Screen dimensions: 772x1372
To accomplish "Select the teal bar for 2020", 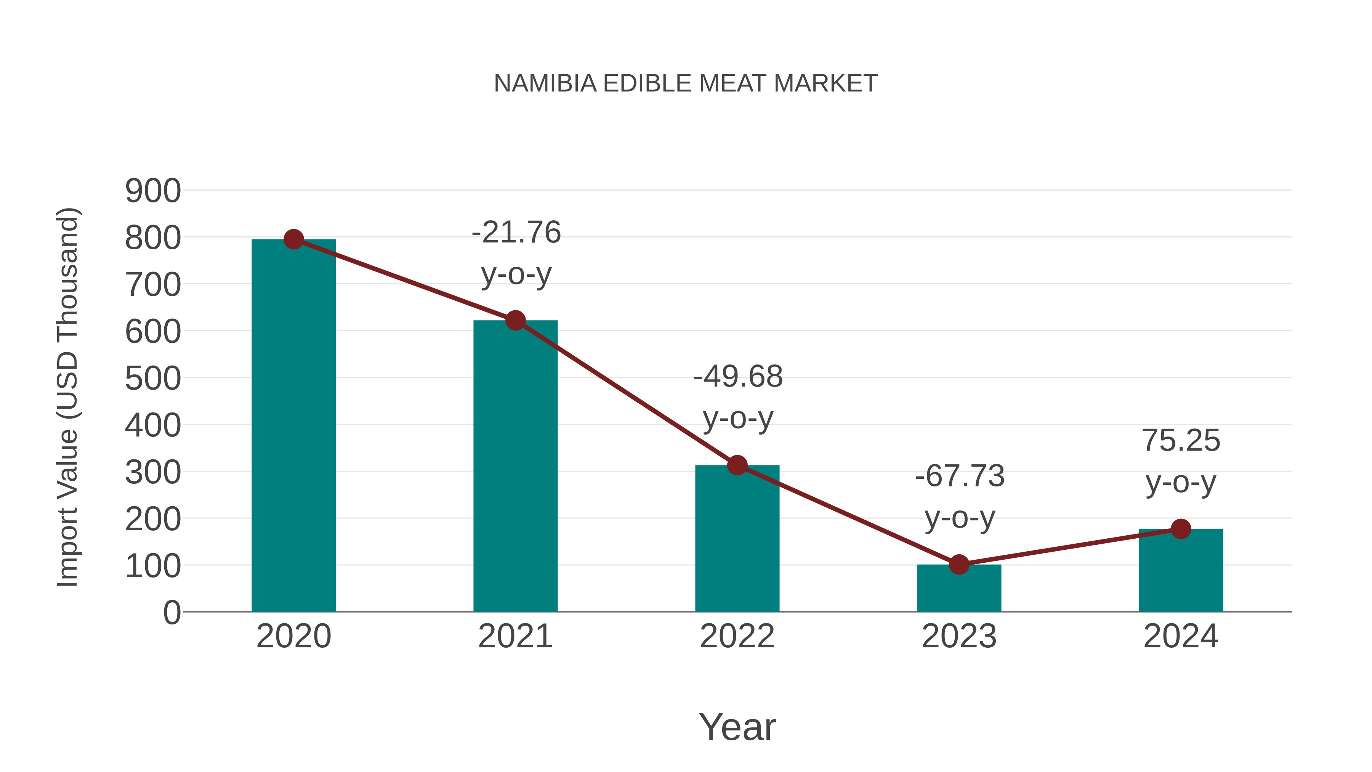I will pyautogui.click(x=293, y=426).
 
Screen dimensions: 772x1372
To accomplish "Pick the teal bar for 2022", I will pyautogui.click(x=737, y=538).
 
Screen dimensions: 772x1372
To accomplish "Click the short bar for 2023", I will pyautogui.click(x=959, y=588).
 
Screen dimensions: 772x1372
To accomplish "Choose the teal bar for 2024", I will pyautogui.click(x=1181, y=570).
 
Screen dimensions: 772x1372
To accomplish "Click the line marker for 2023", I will pyautogui.click(x=959, y=564).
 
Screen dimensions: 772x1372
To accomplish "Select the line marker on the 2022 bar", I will pyautogui.click(x=737, y=465).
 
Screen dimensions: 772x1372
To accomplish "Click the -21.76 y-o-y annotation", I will pyautogui.click(x=516, y=253).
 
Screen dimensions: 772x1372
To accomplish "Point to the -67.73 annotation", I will pyautogui.click(x=960, y=496).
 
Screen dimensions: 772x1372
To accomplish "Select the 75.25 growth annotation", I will pyautogui.click(x=1181, y=461).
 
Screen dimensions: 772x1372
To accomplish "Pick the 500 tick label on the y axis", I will pyautogui.click(x=153, y=379).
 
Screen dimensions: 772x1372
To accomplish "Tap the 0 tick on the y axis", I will pyautogui.click(x=171, y=612).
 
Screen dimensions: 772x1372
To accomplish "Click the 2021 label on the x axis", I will pyautogui.click(x=515, y=636).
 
